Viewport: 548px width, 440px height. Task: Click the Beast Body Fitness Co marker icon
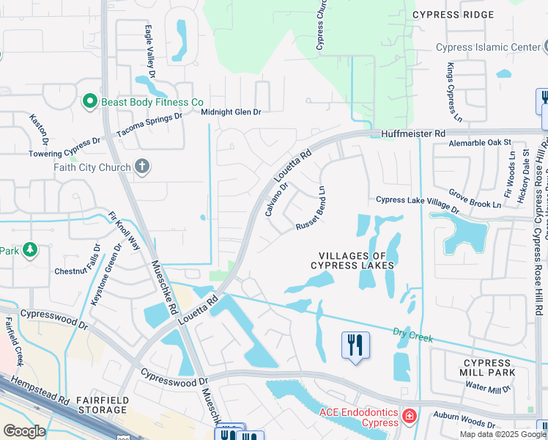(x=90, y=102)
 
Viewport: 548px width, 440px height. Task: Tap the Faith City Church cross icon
(x=142, y=166)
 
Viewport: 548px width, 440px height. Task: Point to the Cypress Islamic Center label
(x=487, y=48)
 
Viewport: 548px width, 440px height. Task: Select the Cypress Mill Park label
(x=487, y=368)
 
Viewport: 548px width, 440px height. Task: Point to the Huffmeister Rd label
(x=413, y=134)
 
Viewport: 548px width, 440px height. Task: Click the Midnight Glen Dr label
(x=232, y=111)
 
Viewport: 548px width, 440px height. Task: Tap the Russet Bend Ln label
(x=310, y=209)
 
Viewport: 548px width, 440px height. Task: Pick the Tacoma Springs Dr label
(x=149, y=126)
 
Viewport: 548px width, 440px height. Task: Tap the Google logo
(x=23, y=431)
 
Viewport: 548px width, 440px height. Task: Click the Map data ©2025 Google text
(x=503, y=434)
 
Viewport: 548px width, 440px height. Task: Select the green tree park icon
(x=29, y=251)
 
